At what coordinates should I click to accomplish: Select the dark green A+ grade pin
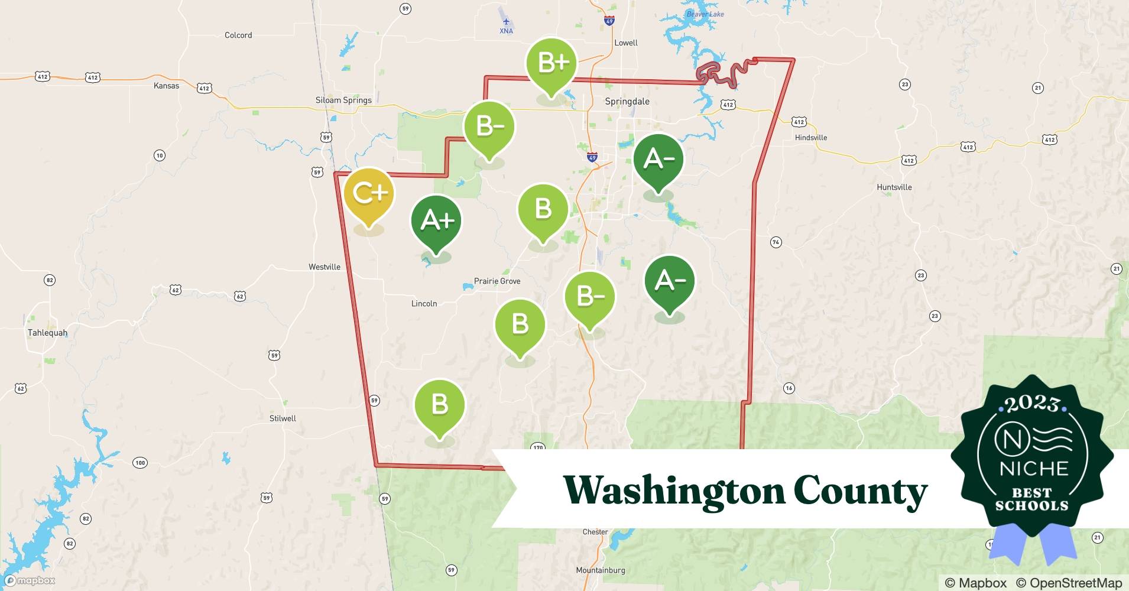(x=436, y=221)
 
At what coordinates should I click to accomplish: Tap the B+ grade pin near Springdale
(x=552, y=63)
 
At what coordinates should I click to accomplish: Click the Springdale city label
(x=627, y=102)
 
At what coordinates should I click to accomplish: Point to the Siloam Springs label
(x=343, y=100)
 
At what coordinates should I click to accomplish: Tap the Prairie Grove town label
(x=497, y=281)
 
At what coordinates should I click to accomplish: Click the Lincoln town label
(x=424, y=304)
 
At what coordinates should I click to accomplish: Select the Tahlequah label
(x=47, y=333)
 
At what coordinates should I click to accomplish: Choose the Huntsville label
(x=894, y=187)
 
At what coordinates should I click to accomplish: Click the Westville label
(x=325, y=267)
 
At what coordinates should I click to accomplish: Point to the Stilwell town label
(x=283, y=418)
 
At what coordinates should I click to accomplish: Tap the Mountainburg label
(x=600, y=570)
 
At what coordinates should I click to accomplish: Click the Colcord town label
(x=238, y=35)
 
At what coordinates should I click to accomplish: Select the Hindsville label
(x=811, y=138)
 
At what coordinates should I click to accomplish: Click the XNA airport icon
(x=506, y=22)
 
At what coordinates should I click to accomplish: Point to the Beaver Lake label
(x=705, y=14)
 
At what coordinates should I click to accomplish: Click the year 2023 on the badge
(x=1032, y=404)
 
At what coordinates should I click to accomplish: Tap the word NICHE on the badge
(x=1034, y=469)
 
